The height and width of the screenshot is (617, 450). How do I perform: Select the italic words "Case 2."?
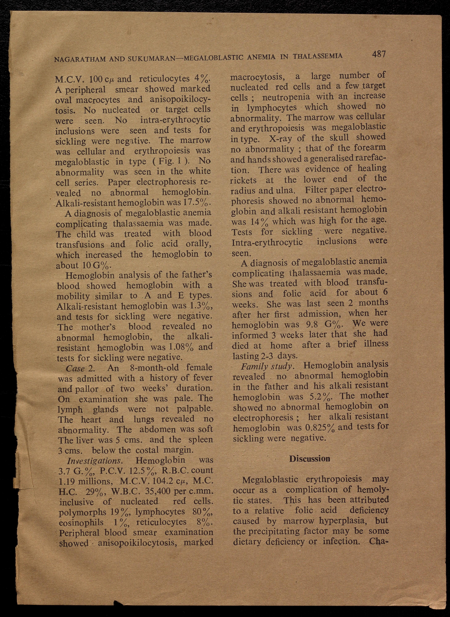[x=80, y=368]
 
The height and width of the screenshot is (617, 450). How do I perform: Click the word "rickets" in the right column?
[x=243, y=180]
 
